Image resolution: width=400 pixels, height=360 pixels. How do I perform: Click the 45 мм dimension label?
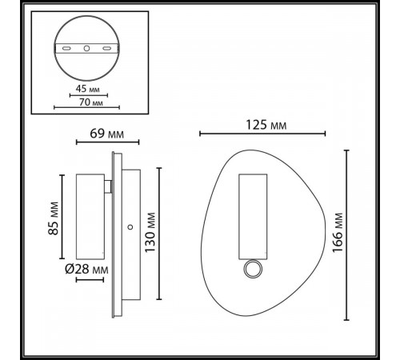[88, 89]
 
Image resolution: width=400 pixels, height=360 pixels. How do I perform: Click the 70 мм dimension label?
[90, 102]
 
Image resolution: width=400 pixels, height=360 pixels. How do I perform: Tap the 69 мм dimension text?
[106, 134]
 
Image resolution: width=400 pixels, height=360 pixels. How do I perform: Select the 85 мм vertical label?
[54, 218]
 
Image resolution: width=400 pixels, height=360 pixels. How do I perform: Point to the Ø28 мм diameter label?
[86, 270]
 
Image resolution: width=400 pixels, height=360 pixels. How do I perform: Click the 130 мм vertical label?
[150, 232]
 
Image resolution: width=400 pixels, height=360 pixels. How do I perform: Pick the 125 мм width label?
[266, 125]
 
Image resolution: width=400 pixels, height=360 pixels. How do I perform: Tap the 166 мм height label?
[338, 233]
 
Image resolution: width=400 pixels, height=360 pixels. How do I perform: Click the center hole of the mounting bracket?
[86, 48]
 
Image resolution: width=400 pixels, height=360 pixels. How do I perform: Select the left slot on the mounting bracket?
[66, 48]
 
